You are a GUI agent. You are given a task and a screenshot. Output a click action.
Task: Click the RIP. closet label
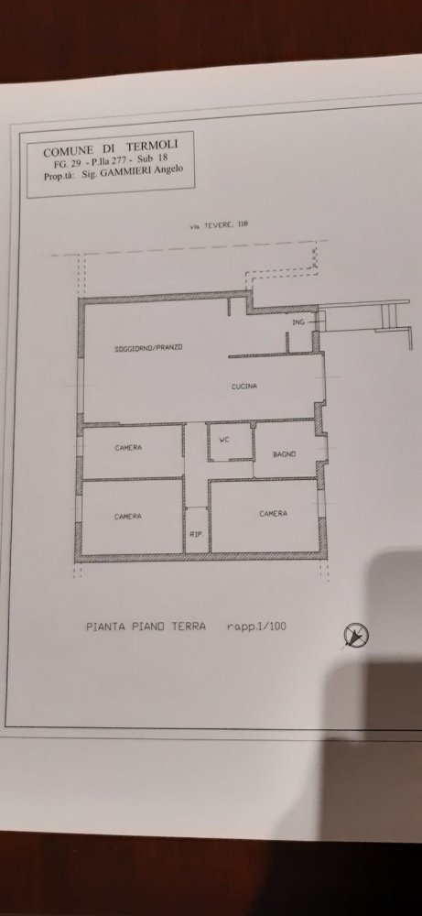[195, 535]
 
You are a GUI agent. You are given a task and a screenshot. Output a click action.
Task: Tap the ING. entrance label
[298, 324]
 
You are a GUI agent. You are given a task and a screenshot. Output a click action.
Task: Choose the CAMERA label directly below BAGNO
[272, 514]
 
